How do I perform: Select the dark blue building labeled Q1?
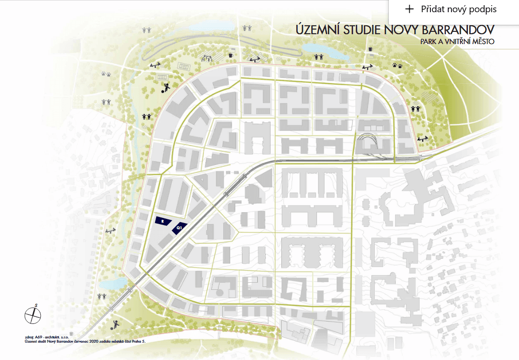click(x=179, y=228)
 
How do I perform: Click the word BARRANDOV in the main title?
click(x=457, y=30)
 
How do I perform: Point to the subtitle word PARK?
click(x=430, y=42)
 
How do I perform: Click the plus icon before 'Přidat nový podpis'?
click(x=410, y=9)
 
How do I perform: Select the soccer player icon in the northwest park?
click(x=166, y=87)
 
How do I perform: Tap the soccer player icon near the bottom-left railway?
click(x=115, y=323)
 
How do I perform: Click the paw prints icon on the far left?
click(x=105, y=74)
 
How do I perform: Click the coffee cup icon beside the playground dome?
click(x=231, y=56)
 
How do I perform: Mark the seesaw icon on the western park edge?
click(x=111, y=231)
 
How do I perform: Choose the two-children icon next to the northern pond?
click(x=319, y=57)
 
